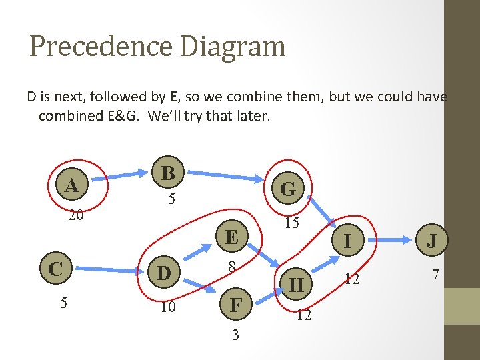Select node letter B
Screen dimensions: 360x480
(169, 173)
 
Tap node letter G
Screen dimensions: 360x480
(288, 189)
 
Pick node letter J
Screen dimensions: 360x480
(432, 241)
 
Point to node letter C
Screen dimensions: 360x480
(55, 269)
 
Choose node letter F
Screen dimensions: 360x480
(235, 306)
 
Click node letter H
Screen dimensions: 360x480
(297, 285)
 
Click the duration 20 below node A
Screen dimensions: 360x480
(76, 216)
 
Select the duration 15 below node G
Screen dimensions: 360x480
(291, 223)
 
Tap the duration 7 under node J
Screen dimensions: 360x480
(435, 274)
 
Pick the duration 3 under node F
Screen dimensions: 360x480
(235, 335)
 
